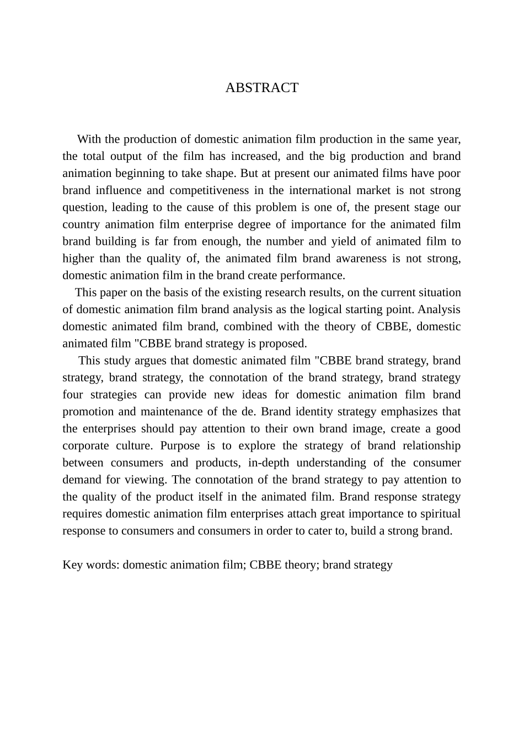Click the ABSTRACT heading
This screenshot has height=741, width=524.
[x=261, y=88]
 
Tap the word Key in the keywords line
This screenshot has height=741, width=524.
[x=73, y=565]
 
